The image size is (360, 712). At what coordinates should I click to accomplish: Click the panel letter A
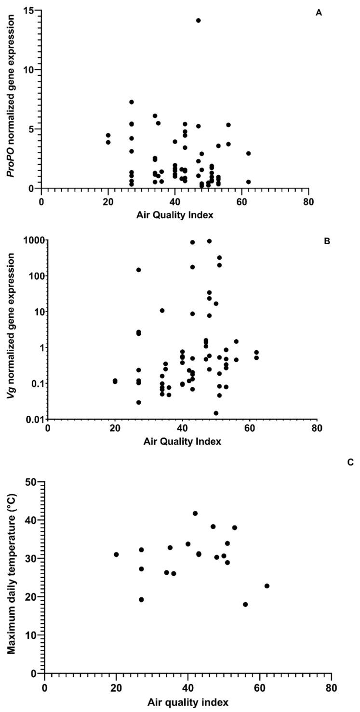318,13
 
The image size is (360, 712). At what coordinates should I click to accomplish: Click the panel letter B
326,241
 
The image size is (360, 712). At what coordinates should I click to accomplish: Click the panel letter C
350,462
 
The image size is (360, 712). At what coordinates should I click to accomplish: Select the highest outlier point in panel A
198,20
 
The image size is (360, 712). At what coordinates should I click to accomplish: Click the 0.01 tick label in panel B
34,419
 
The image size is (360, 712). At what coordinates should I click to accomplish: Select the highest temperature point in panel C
195,514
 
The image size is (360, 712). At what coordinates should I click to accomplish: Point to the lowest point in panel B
216,413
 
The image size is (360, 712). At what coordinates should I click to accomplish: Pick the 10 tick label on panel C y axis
31,635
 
